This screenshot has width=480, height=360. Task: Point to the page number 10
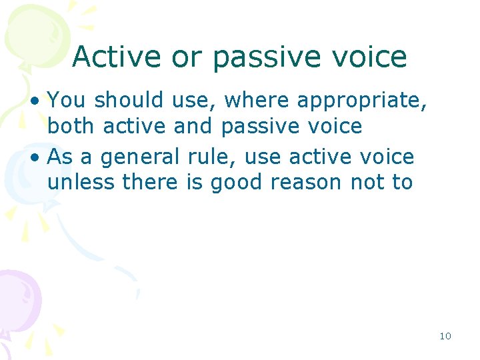point(445,336)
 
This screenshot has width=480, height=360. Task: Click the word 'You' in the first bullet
point(68,100)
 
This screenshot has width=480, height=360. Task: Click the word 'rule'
point(212,157)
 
